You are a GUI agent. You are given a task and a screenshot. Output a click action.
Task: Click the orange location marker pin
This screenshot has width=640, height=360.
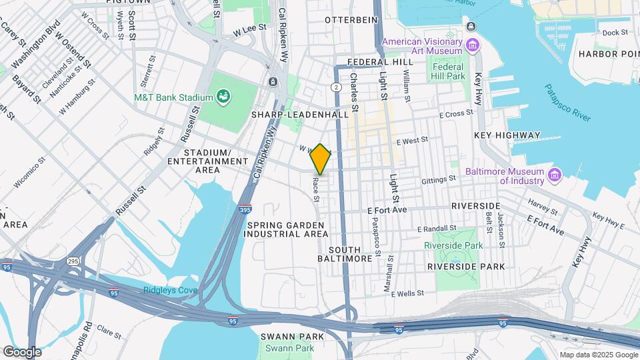pyautogui.click(x=321, y=160)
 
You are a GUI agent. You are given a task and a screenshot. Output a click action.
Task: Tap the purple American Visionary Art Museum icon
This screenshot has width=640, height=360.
pyautogui.click(x=473, y=45)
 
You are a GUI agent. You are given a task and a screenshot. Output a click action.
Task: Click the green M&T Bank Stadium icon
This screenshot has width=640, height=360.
pyautogui.click(x=225, y=97)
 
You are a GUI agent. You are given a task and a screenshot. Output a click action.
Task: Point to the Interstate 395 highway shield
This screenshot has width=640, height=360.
pyautogui.click(x=245, y=209)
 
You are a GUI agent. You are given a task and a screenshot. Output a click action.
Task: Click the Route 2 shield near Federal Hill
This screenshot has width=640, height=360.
pyautogui.click(x=335, y=87)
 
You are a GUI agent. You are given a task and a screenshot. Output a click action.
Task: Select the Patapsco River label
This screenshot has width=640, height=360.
pyautogui.click(x=567, y=103)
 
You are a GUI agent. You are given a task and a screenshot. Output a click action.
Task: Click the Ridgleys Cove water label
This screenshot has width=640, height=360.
pyautogui.click(x=169, y=290)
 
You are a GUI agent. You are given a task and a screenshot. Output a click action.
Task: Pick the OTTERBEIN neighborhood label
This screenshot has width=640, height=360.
pyautogui.click(x=351, y=20)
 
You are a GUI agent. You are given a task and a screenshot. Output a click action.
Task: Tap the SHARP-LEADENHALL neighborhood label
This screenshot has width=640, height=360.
pyautogui.click(x=299, y=115)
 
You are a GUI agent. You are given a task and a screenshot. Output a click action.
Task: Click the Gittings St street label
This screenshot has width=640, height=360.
pyautogui.click(x=439, y=179)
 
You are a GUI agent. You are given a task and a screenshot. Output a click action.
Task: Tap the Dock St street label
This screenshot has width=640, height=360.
pyautogui.click(x=615, y=32)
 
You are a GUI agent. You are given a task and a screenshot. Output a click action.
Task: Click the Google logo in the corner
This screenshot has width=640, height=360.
pyautogui.click(x=21, y=352)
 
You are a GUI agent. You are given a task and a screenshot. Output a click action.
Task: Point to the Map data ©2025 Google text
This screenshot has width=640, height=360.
pyautogui.click(x=598, y=355)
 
